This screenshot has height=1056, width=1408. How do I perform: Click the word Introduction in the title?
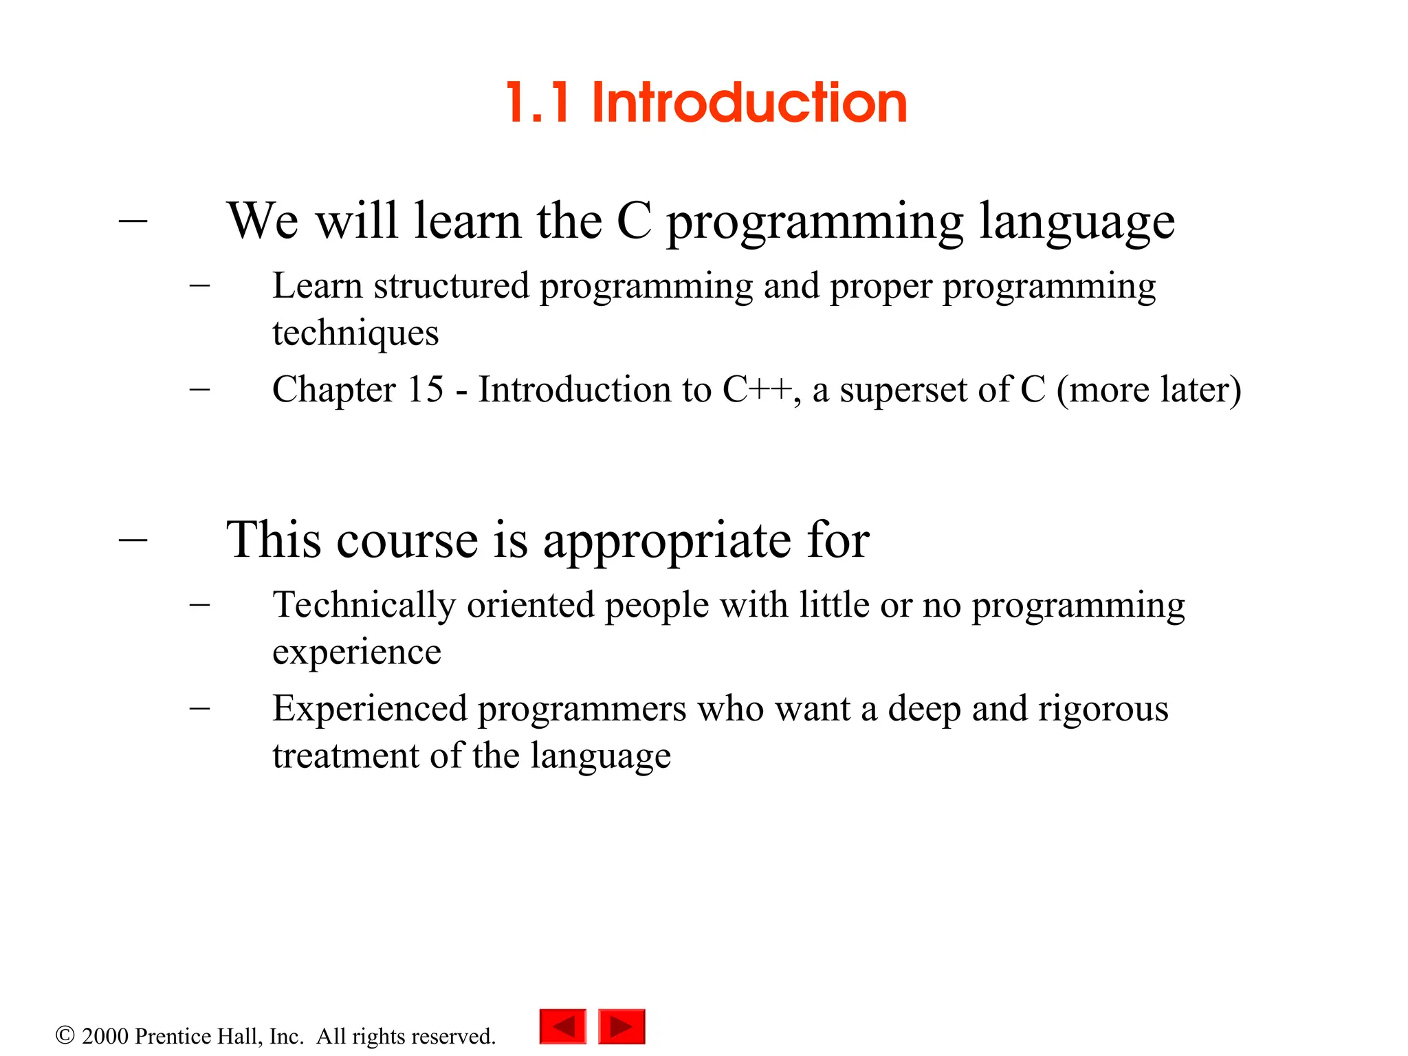[749, 103]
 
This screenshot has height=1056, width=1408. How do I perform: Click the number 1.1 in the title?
[538, 103]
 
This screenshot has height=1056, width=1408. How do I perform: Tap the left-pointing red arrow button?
[562, 1026]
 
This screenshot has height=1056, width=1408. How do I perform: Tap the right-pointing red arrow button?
[621, 1026]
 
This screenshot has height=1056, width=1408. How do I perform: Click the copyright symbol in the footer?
[65, 1035]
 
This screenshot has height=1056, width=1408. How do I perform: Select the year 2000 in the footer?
[105, 1036]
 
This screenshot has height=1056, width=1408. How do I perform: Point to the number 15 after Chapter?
[426, 390]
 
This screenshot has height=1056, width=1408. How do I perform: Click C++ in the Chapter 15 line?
[757, 390]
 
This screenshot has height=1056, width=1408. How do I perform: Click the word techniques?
[355, 333]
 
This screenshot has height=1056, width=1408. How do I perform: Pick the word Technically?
[364, 606]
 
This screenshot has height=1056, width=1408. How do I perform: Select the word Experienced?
[370, 709]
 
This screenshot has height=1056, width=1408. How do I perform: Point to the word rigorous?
[1103, 709]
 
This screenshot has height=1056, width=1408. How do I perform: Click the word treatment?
[346, 756]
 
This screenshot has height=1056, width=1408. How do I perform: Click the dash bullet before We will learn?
[133, 221]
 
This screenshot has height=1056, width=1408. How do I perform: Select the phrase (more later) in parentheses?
[1149, 390]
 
